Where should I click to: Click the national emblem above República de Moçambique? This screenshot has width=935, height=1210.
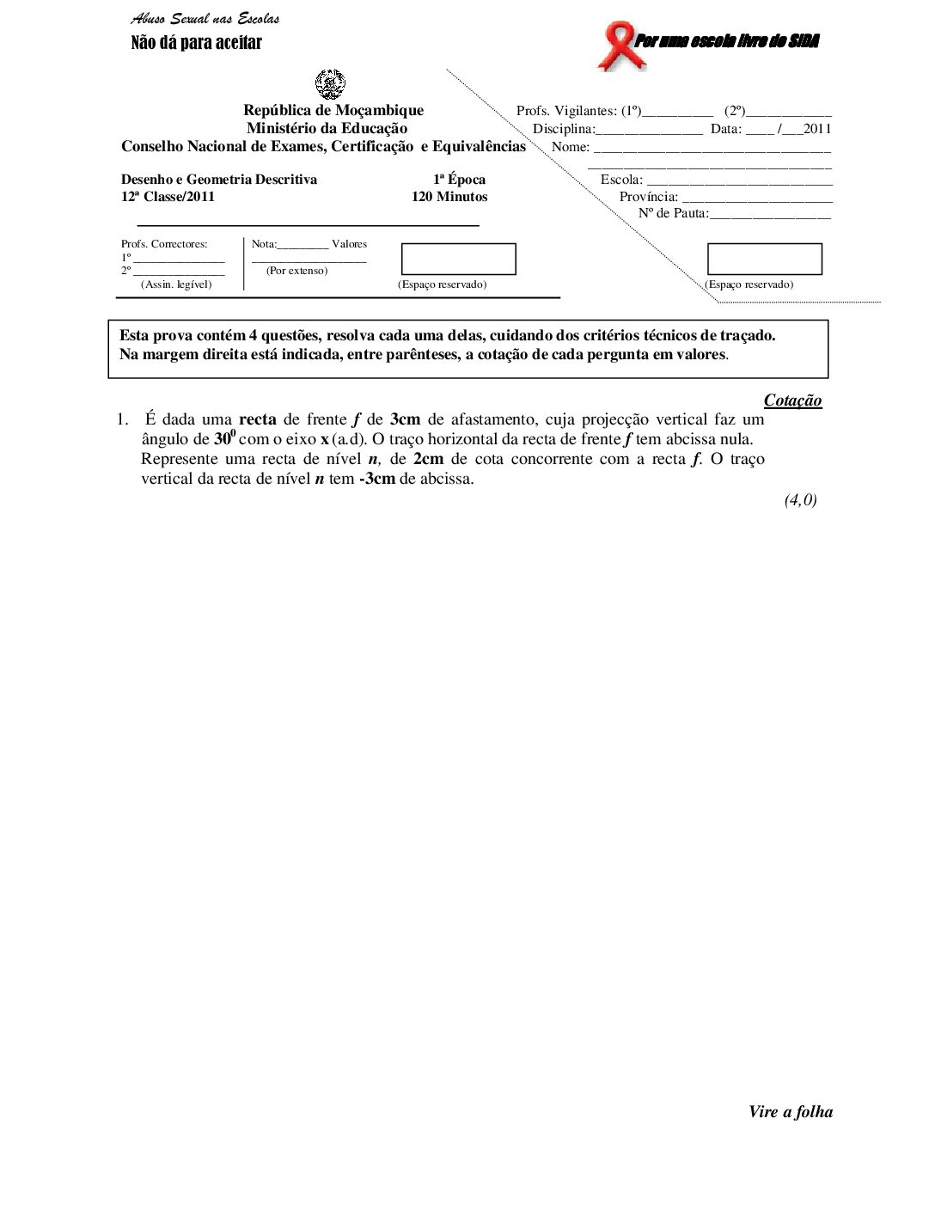pyautogui.click(x=330, y=85)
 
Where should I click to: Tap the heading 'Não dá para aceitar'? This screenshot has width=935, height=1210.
pyautogui.click(x=196, y=43)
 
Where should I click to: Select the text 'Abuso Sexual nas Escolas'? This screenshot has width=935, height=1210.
pyautogui.click(x=205, y=19)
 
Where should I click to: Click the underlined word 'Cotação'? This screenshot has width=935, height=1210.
pyautogui.click(x=792, y=400)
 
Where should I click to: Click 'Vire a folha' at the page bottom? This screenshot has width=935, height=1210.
pyautogui.click(x=791, y=1112)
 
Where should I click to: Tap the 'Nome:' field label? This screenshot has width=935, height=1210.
pyautogui.click(x=570, y=147)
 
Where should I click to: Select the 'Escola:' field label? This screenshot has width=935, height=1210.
pyautogui.click(x=621, y=180)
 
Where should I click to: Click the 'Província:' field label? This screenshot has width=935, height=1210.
pyautogui.click(x=649, y=197)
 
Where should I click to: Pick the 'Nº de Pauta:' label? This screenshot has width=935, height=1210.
pyautogui.click(x=673, y=213)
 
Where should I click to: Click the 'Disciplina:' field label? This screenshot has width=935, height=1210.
pyautogui.click(x=564, y=129)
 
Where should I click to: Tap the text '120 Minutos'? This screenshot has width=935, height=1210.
pyautogui.click(x=449, y=197)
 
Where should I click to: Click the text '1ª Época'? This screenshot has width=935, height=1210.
pyautogui.click(x=459, y=180)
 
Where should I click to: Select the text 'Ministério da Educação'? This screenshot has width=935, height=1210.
pyautogui.click(x=327, y=128)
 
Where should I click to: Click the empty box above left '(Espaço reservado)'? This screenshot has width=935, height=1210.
pyautogui.click(x=459, y=259)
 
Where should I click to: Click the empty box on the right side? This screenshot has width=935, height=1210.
pyautogui.click(x=765, y=259)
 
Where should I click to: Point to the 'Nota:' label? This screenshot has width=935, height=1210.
pyautogui.click(x=264, y=244)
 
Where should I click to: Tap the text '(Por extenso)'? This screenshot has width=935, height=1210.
pyautogui.click(x=296, y=271)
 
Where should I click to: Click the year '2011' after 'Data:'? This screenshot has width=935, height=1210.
pyautogui.click(x=817, y=129)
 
